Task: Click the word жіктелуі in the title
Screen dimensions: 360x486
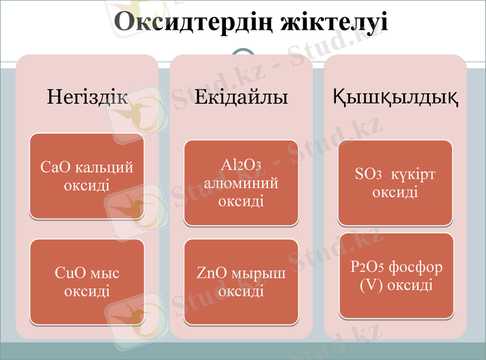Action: [x=334, y=22]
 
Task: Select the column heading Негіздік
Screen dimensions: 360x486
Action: [x=87, y=97]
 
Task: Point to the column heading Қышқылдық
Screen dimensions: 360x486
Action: [x=395, y=97]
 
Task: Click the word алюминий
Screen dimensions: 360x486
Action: [x=241, y=182]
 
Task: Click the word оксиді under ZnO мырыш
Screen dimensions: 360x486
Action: [x=241, y=291]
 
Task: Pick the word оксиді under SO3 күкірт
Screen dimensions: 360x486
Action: [x=395, y=192]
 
